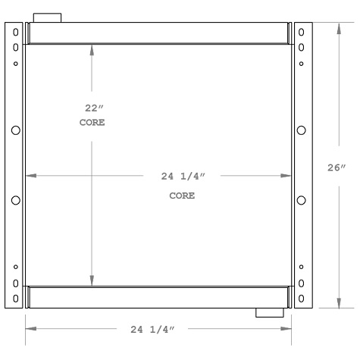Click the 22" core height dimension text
[x=92, y=108]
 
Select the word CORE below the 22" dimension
[x=92, y=122]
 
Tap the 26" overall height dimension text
[x=337, y=167]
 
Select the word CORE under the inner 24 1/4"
[x=182, y=196]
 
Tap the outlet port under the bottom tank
[x=269, y=312]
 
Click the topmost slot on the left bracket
[x=16, y=33]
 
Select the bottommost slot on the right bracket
[x=302, y=297]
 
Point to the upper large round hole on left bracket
[x=16, y=130]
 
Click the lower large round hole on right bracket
[x=302, y=200]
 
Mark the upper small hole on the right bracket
[x=302, y=63]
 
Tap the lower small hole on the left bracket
[x=16, y=267]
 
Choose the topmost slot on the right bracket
[x=302, y=33]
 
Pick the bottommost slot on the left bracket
[x=16, y=297]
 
